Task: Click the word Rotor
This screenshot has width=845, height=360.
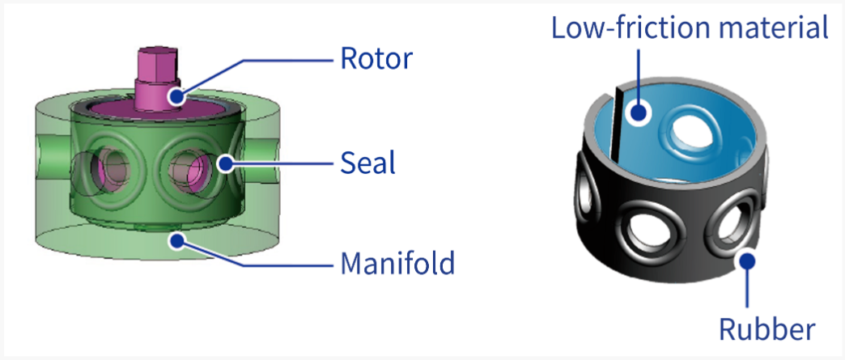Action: coord(376,59)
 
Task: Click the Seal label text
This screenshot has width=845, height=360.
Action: coord(367,163)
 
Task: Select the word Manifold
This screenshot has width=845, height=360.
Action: coord(397,264)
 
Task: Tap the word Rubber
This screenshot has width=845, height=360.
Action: coord(767,328)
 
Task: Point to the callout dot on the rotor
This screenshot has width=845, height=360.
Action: coord(176,96)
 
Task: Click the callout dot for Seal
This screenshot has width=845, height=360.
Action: coord(225,163)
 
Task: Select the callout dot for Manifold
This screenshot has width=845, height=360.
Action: coord(176,240)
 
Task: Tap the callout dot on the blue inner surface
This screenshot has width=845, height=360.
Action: coord(639,112)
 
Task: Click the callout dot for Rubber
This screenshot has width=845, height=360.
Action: coord(747,261)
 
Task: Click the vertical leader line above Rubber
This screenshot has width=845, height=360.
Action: coord(747,288)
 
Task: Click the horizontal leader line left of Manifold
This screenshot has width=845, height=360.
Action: coord(285,264)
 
